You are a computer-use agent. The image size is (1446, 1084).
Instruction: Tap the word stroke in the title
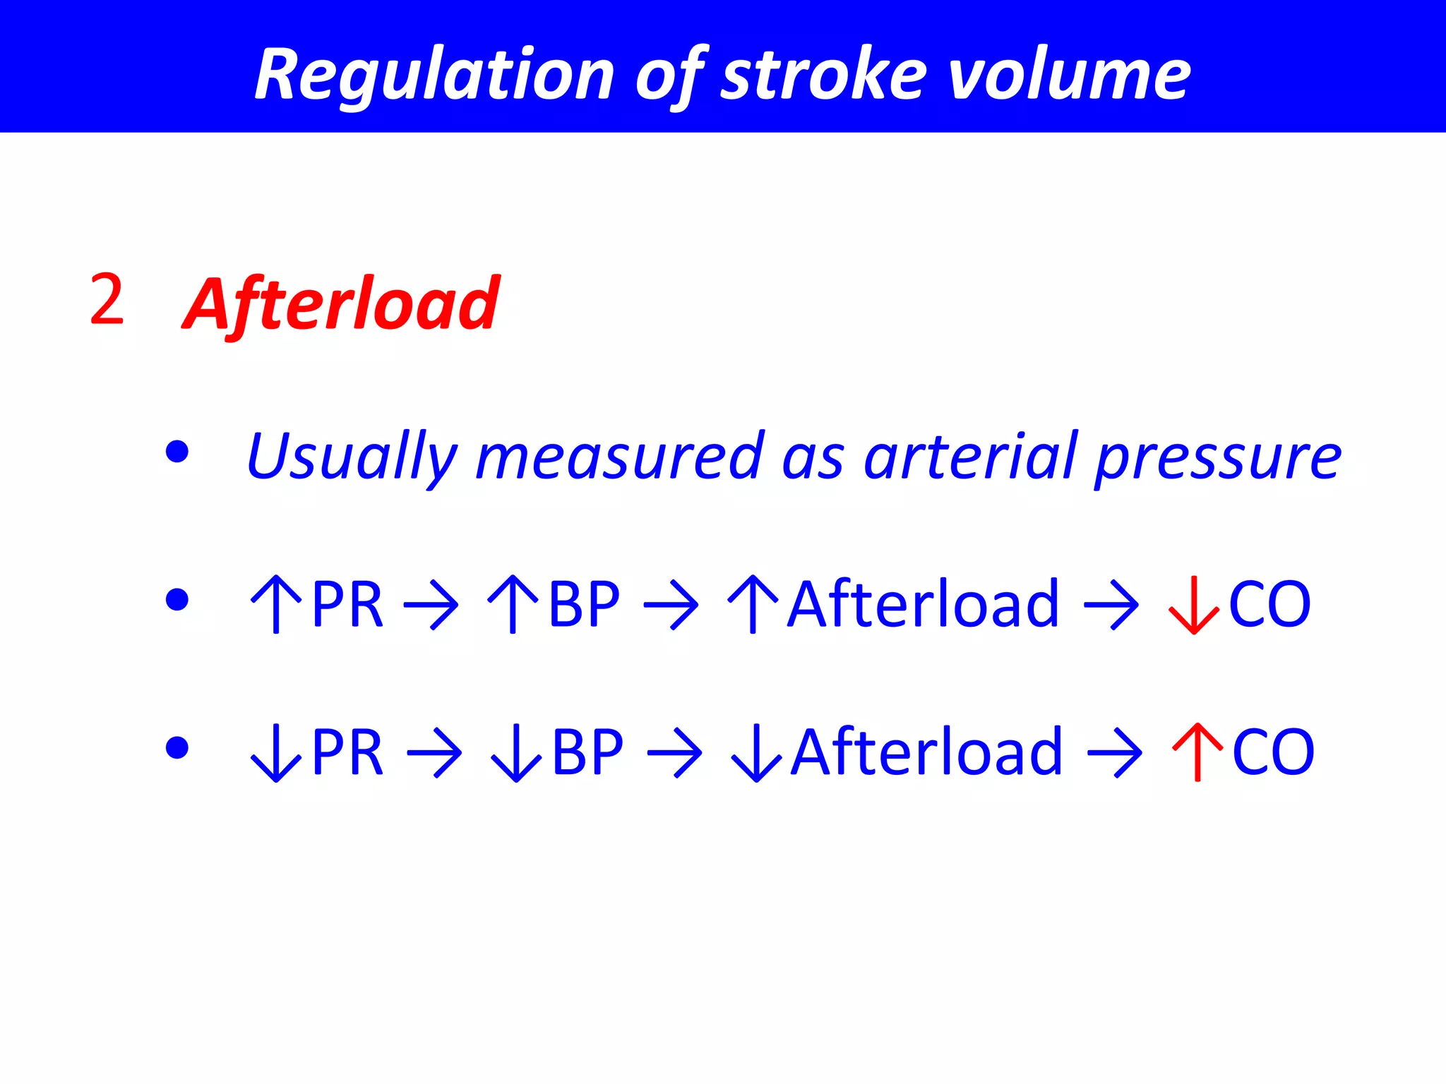823,75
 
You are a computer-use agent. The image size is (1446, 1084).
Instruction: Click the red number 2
107,301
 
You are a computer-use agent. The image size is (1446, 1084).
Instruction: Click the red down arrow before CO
1193,605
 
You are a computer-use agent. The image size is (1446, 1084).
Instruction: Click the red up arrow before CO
1197,752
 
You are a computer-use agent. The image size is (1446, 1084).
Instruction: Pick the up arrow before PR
276,604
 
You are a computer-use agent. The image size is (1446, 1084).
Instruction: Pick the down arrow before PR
276,753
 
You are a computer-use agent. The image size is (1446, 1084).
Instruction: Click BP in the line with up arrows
584,604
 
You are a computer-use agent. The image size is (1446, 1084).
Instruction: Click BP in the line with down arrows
587,752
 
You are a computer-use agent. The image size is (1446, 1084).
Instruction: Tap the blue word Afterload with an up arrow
923,604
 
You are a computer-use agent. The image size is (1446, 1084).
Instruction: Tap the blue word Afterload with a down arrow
926,752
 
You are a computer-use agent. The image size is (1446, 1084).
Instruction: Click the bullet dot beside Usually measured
177,452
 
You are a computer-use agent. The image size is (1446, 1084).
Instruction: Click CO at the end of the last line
1273,752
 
